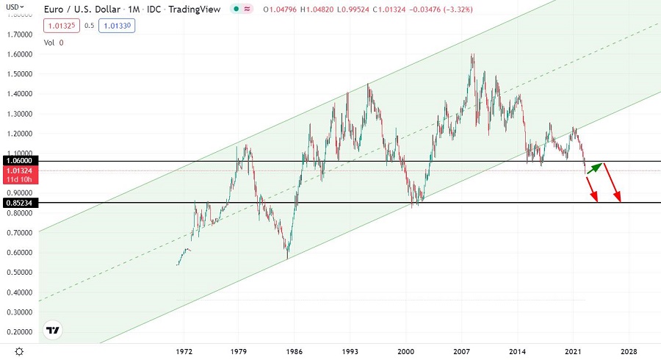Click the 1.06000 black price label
click(17, 160)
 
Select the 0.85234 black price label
click(17, 202)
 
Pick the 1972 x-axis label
click(184, 352)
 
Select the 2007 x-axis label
click(462, 352)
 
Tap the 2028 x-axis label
click(629, 352)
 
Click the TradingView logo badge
click(52, 330)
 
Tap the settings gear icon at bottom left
click(19, 352)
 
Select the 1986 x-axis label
click(295, 352)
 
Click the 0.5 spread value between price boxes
click(89, 26)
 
